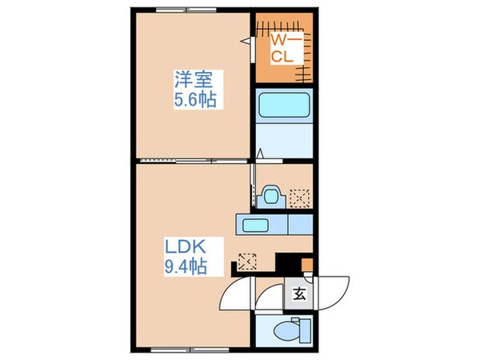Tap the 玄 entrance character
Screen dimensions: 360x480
tap(298, 294)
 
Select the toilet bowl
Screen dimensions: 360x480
tap(282, 329)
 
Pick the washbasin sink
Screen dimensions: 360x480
tap(269, 195)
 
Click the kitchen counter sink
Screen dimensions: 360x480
tap(258, 224)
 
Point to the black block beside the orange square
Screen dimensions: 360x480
tap(285, 262)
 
